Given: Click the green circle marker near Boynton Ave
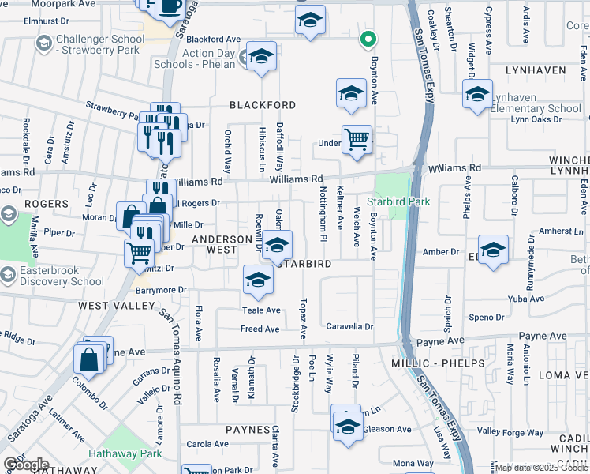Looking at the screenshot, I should [x=367, y=37].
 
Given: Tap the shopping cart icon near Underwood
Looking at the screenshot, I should [x=357, y=140].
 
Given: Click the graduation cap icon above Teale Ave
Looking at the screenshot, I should [x=258, y=279].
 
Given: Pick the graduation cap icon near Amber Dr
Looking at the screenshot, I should [x=493, y=249].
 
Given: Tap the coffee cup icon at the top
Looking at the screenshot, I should [x=170, y=6].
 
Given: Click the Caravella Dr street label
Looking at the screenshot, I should [x=349, y=325].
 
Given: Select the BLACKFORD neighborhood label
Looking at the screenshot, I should [x=263, y=105].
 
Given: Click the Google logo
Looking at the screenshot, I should [x=26, y=464].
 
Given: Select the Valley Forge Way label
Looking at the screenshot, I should [x=510, y=431].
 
